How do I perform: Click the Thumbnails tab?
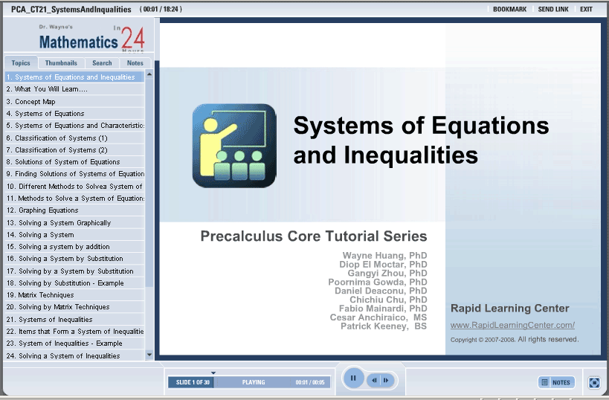61,63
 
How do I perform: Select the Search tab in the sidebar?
102,63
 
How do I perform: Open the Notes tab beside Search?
135,63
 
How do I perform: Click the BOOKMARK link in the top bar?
509,10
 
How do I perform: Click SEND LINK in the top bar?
553,10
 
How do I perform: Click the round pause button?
353,378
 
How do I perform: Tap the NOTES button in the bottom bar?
556,382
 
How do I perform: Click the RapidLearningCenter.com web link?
512,325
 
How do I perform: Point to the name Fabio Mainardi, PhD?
383,309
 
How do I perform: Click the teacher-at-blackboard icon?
234,146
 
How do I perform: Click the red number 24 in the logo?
133,39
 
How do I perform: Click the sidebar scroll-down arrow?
149,355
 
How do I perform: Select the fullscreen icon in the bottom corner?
594,382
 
